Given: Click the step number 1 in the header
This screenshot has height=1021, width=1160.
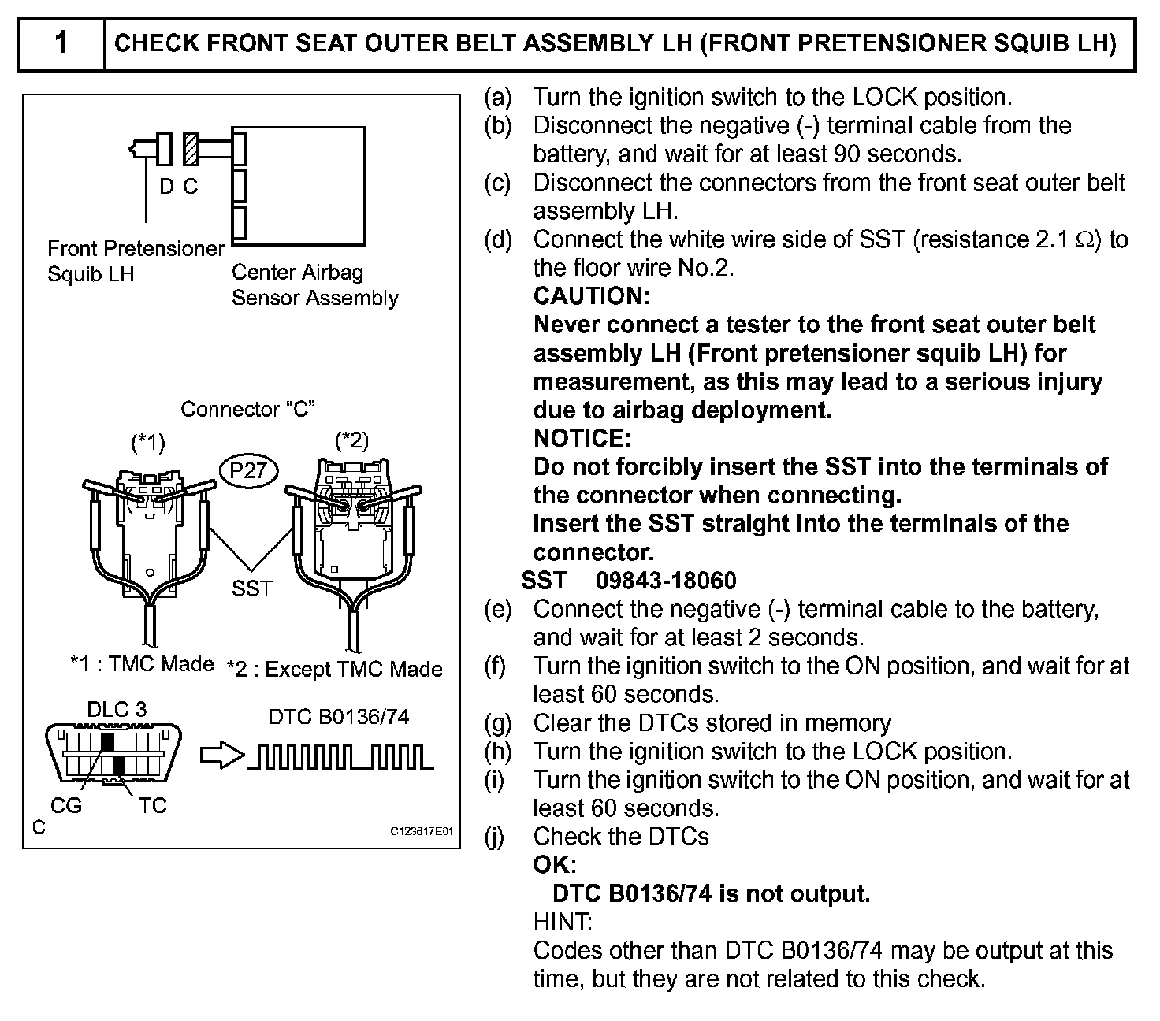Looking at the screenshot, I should [x=61, y=43].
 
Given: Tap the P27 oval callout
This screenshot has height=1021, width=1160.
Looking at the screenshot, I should [x=249, y=470].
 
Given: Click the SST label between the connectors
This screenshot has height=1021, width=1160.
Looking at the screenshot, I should [x=251, y=588].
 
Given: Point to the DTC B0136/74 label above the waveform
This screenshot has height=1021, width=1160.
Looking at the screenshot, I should [x=339, y=716].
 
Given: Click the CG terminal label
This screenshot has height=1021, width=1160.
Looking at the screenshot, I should [x=66, y=806].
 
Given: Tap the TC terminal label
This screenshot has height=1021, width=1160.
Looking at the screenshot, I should [x=153, y=806].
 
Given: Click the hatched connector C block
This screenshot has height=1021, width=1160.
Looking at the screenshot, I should [x=191, y=148].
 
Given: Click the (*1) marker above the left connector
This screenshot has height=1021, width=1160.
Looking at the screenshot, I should [x=148, y=443].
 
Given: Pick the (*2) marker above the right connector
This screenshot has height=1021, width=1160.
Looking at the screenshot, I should [x=351, y=440].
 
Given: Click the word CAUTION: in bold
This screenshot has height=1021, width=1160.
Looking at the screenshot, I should [x=592, y=296].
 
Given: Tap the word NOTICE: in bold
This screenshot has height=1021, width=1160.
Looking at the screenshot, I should [x=582, y=438].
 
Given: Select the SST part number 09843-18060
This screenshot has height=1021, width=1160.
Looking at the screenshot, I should [x=666, y=581].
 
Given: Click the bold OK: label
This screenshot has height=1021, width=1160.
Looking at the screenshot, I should [x=555, y=865].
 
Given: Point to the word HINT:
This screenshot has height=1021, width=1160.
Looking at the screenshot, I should [x=563, y=922].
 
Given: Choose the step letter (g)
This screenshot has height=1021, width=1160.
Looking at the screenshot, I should [x=498, y=723].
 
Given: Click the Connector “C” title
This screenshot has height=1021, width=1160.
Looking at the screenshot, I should [x=248, y=409].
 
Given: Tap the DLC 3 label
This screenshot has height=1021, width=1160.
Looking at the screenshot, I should [x=117, y=709].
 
